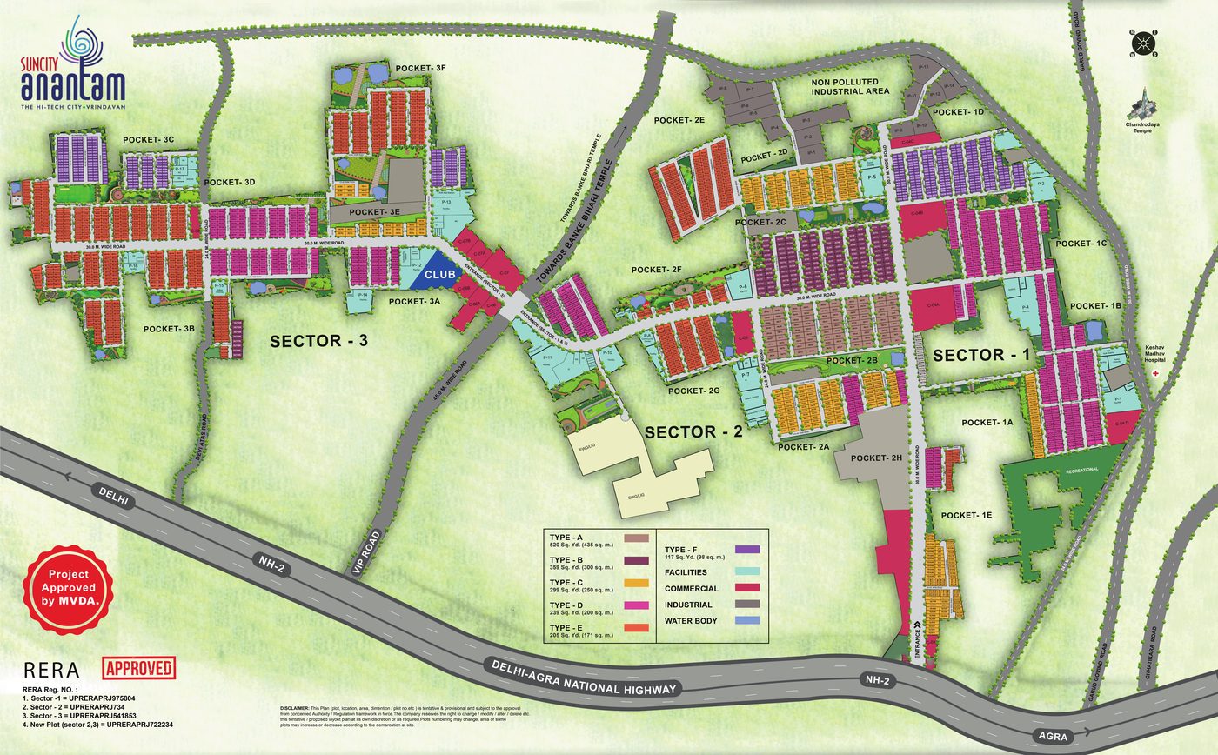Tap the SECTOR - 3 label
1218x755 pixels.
[x=319, y=341]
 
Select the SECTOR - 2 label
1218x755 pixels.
[x=693, y=431]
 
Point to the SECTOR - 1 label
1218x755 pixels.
[x=981, y=355]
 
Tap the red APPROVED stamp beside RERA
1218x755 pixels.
[x=139, y=668]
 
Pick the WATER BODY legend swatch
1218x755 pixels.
[x=748, y=621]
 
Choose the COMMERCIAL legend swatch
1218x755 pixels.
[x=748, y=589]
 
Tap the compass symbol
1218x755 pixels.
[x=1143, y=43]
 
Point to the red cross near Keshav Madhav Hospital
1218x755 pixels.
[x=1155, y=372]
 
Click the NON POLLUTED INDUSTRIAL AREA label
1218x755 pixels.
[x=849, y=86]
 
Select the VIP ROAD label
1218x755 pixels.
[x=369, y=551]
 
